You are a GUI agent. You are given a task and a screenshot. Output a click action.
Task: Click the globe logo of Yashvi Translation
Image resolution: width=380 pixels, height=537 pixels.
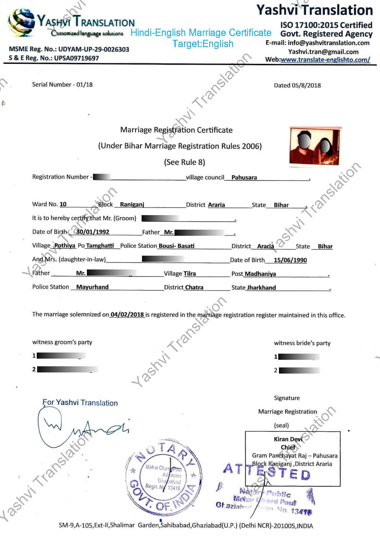click(x=22, y=22)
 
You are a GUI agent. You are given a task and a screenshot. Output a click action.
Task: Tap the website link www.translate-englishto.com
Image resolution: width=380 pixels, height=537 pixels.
click(x=325, y=60)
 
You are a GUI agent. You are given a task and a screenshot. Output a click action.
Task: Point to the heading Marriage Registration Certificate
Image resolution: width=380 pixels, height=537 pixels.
click(x=176, y=130)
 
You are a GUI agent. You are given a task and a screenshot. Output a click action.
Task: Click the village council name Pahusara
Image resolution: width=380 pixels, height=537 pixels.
click(x=244, y=178)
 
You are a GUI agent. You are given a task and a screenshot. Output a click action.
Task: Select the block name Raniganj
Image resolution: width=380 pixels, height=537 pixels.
click(x=132, y=205)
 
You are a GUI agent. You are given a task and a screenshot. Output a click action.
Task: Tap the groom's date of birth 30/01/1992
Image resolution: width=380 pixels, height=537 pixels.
click(x=93, y=232)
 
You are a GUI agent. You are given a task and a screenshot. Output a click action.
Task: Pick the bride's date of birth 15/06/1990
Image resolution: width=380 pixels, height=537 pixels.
click(x=290, y=260)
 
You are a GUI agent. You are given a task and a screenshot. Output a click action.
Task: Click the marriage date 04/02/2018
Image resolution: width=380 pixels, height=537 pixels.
click(x=127, y=315)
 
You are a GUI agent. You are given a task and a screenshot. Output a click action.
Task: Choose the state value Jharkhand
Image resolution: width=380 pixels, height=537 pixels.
click(x=261, y=288)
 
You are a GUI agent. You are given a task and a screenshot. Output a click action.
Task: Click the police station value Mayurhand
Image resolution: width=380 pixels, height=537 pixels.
click(x=92, y=287)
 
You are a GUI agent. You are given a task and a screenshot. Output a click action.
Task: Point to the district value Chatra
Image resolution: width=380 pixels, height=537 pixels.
click(x=194, y=287)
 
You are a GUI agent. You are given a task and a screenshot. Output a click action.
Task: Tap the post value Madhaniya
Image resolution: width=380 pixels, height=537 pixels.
click(x=260, y=274)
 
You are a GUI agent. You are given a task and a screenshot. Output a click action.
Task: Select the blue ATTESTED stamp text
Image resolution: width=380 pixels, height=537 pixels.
click(x=266, y=471)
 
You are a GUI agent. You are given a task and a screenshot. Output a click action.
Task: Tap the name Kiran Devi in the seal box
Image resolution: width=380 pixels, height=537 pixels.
click(x=288, y=439)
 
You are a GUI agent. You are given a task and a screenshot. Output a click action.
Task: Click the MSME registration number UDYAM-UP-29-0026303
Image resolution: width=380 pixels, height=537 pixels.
click(x=93, y=49)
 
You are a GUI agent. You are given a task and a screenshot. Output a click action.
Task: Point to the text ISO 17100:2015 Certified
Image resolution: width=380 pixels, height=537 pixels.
click(x=326, y=25)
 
